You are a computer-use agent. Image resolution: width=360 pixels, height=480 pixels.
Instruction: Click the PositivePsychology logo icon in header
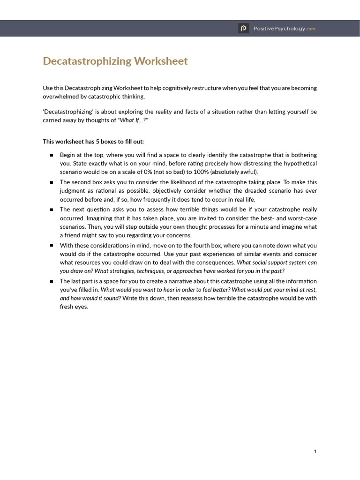(x=243, y=29)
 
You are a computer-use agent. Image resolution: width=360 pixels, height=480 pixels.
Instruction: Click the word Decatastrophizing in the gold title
(x=87, y=61)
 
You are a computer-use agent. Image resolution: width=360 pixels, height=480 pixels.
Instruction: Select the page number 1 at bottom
(x=315, y=451)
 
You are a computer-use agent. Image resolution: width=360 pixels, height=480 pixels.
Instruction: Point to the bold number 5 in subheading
(x=93, y=142)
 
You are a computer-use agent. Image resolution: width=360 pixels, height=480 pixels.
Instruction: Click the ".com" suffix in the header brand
(x=311, y=29)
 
